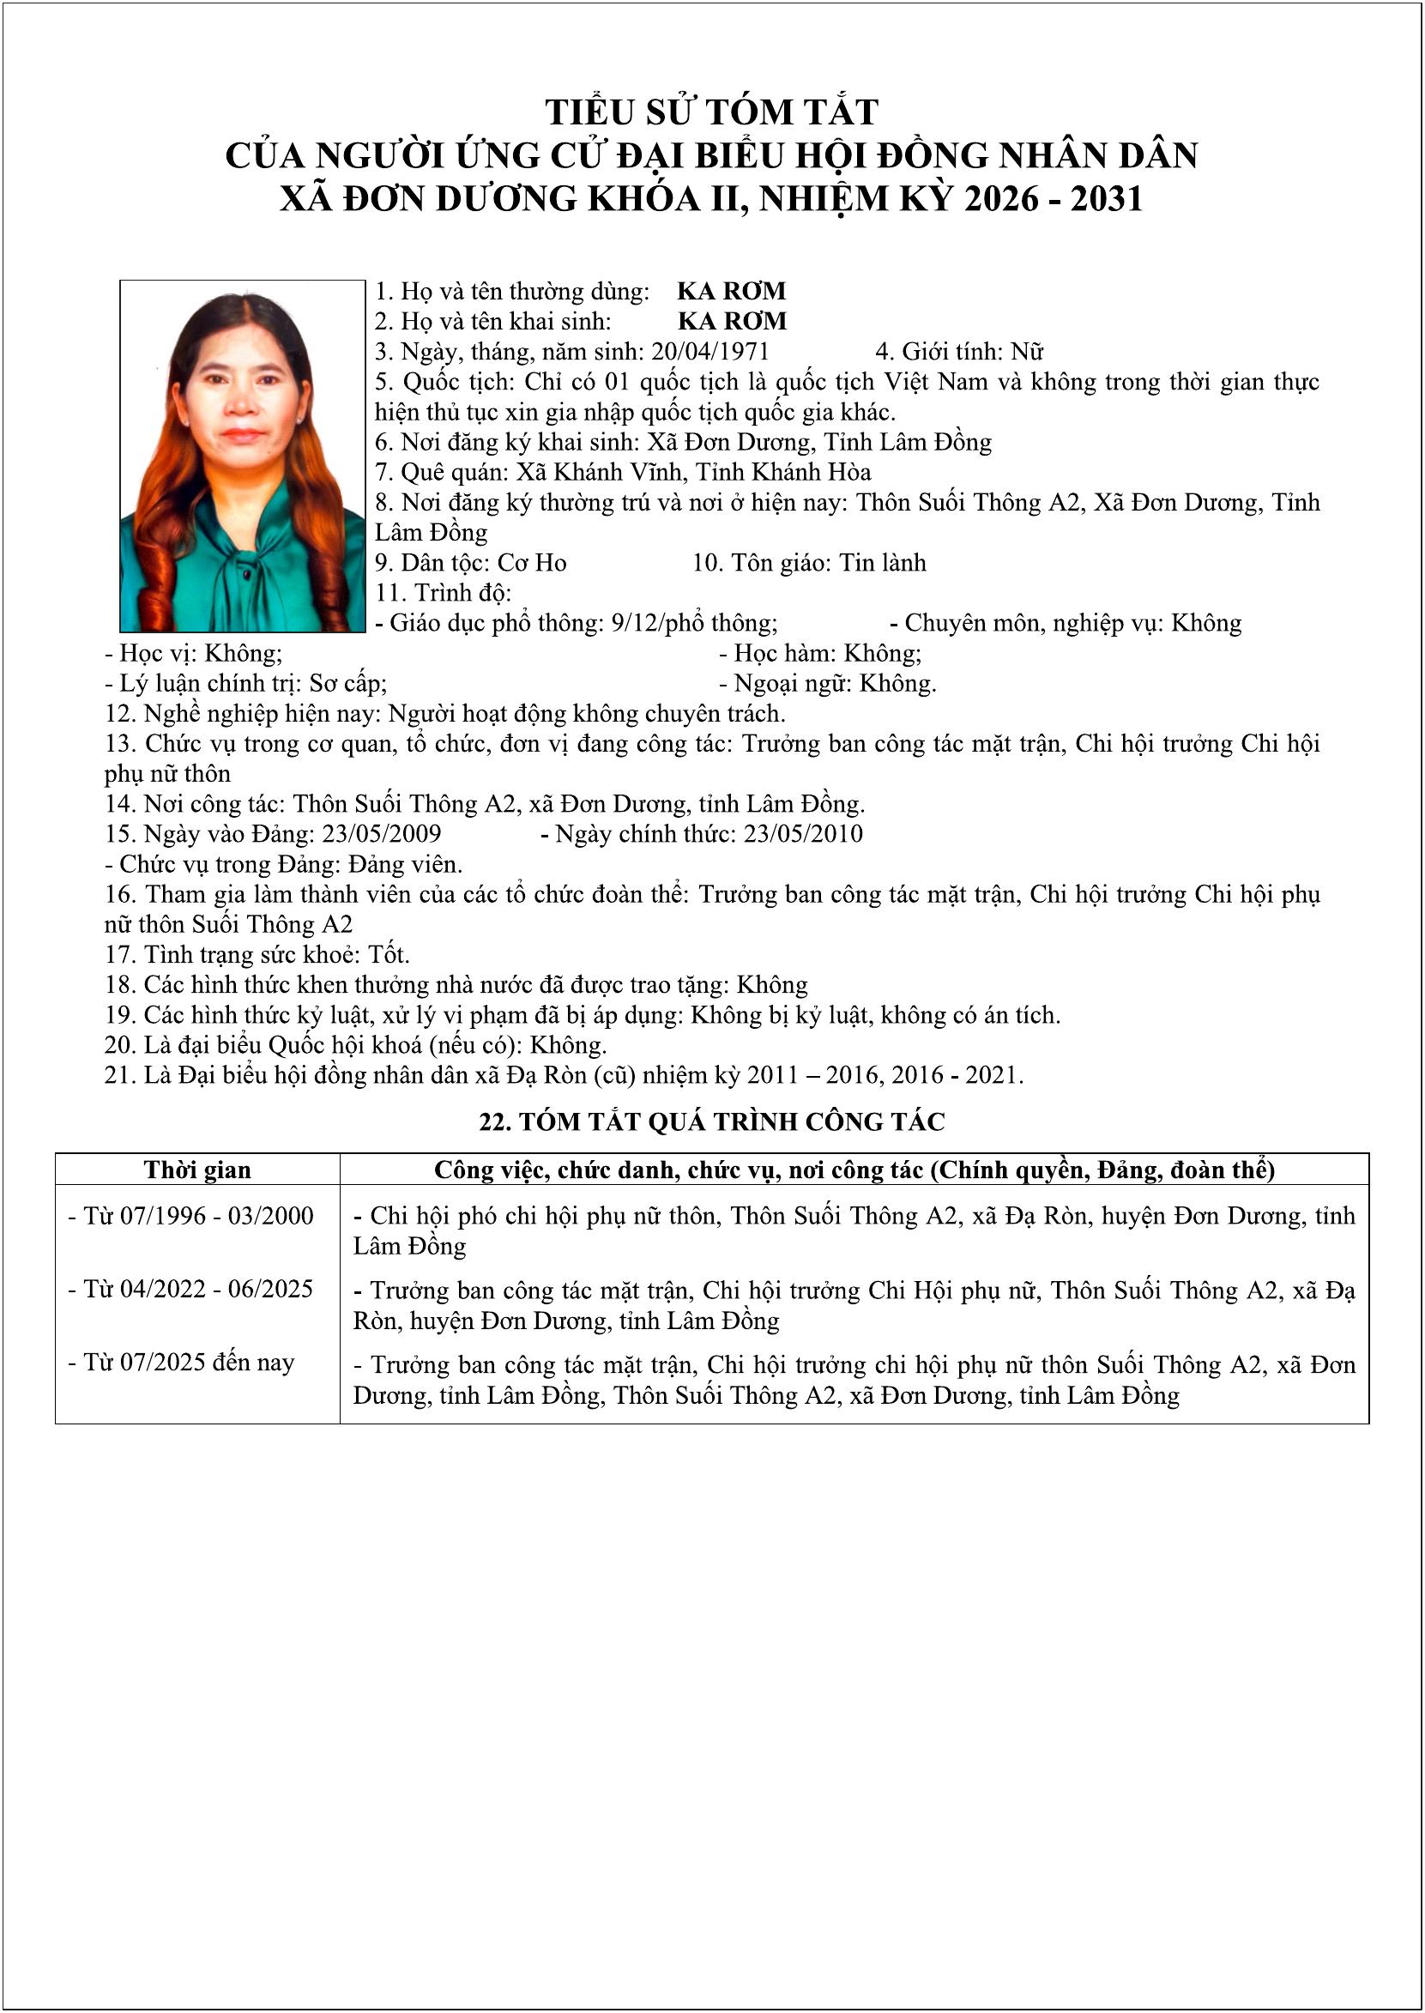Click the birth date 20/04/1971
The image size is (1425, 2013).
(x=709, y=352)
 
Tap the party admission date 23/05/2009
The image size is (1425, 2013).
(x=382, y=834)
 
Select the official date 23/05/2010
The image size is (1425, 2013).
(x=803, y=834)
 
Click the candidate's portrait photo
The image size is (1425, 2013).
(x=242, y=456)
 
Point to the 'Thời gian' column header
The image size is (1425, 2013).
(x=197, y=1170)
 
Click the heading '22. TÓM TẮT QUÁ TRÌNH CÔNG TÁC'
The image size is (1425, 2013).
(x=711, y=1121)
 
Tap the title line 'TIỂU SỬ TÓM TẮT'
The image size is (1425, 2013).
(x=711, y=112)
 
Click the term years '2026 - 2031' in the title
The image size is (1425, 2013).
(x=1053, y=199)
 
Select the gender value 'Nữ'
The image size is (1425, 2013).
(x=1027, y=352)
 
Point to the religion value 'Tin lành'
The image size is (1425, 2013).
(x=882, y=563)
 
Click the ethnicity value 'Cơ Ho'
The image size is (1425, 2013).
(x=532, y=563)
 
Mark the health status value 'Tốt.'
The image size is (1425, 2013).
(x=389, y=955)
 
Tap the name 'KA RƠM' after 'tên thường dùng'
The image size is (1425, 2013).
(x=732, y=292)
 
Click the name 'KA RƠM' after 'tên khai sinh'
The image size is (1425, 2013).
(x=732, y=321)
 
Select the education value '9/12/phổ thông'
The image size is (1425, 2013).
(x=694, y=623)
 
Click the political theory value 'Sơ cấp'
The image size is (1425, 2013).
(x=347, y=684)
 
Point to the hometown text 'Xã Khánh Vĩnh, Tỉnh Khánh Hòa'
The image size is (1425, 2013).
(x=693, y=472)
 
